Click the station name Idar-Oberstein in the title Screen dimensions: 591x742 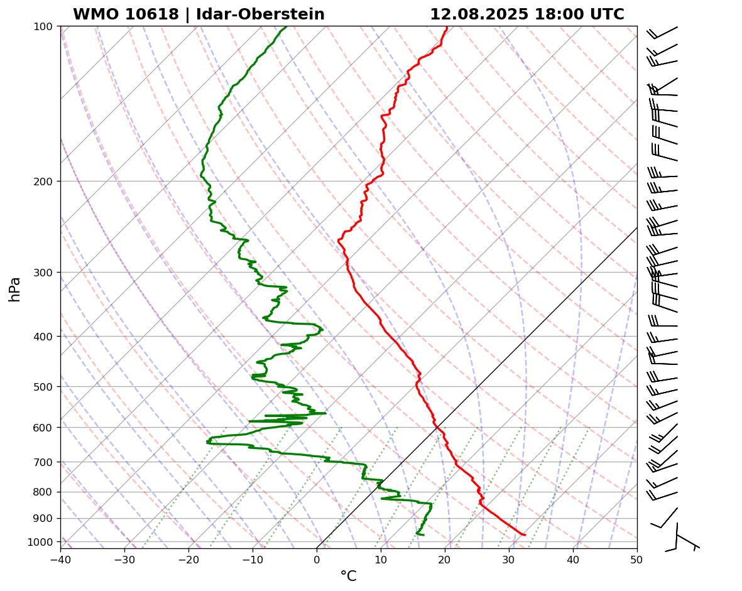coord(260,14)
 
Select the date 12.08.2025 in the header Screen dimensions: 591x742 coord(479,14)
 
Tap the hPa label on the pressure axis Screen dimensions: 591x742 coord(15,289)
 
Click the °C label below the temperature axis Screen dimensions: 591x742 coord(348,576)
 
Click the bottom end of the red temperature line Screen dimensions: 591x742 coord(525,535)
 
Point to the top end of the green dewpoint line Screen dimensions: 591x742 coord(287,26)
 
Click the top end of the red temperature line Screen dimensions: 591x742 coord(447,26)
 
